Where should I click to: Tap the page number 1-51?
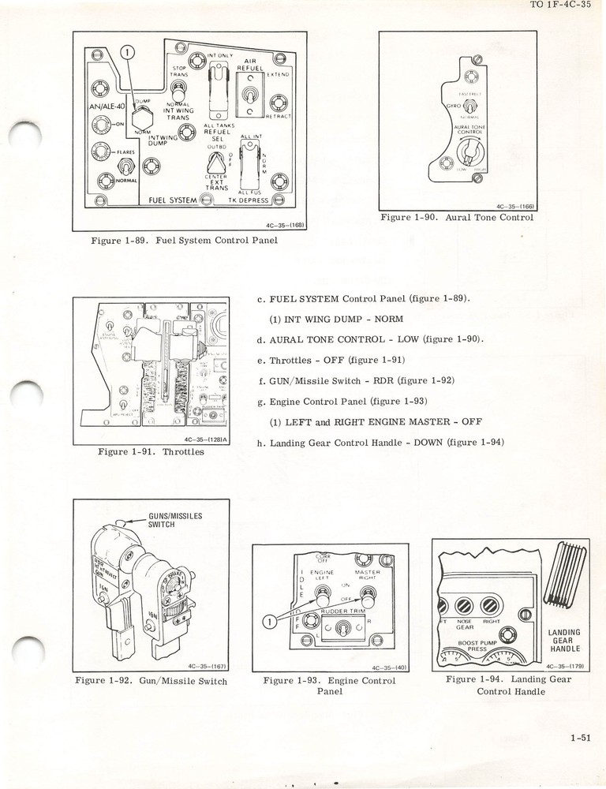pos(579,739)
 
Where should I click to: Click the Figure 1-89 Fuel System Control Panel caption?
pos(184,240)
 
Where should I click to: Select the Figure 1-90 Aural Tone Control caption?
pos(456,217)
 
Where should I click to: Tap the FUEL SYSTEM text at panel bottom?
pos(172,200)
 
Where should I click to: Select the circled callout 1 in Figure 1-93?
pos(269,622)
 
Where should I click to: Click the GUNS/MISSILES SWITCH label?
pos(175,520)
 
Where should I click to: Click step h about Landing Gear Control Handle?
pos(380,442)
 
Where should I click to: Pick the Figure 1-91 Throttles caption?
pos(151,452)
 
